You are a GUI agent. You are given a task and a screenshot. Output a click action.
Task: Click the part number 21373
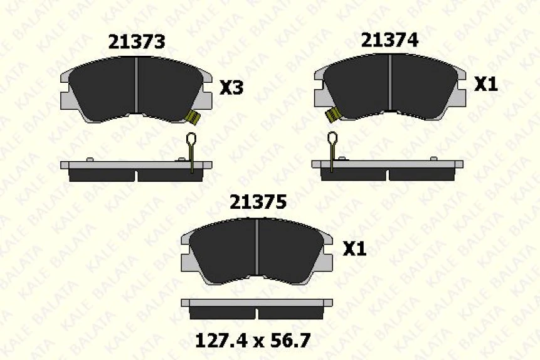click(137, 41)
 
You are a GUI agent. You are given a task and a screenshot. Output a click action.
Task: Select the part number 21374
click(389, 40)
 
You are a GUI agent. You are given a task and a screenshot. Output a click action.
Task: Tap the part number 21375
click(258, 202)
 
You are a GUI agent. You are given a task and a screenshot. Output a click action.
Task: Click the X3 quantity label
click(231, 88)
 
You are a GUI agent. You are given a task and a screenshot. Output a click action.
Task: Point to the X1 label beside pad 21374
click(486, 84)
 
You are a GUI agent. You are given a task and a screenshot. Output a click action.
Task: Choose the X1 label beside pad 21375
click(354, 248)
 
